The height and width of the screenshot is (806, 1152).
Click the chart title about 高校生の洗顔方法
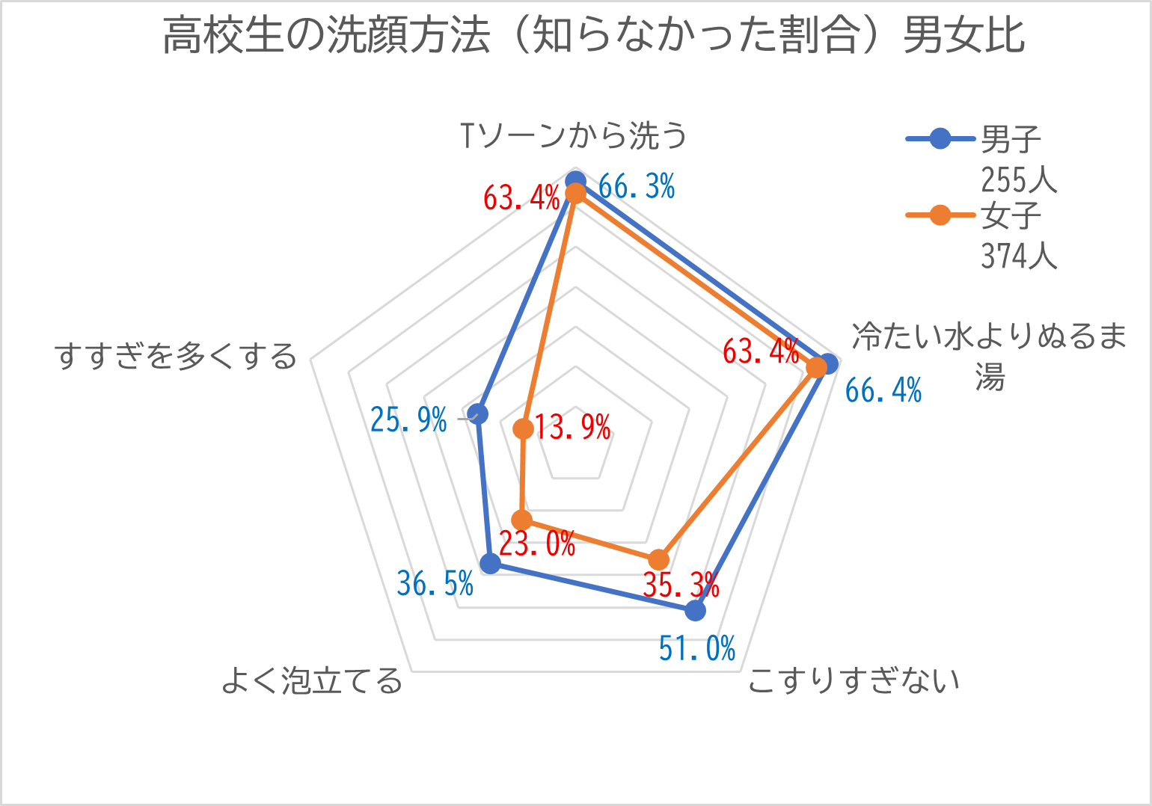pyautogui.click(x=592, y=36)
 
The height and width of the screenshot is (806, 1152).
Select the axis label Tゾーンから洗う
pyautogui.click(x=573, y=135)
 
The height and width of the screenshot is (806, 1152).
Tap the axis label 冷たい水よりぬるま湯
pyautogui.click(x=989, y=356)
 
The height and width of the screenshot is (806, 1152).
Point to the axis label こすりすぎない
pyautogui.click(x=854, y=680)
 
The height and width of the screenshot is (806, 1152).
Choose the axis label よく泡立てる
pyautogui.click(x=312, y=680)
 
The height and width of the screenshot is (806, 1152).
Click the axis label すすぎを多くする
pyautogui.click(x=177, y=356)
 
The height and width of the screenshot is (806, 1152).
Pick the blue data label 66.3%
pyautogui.click(x=637, y=186)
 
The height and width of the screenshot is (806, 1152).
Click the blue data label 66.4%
pyautogui.click(x=883, y=390)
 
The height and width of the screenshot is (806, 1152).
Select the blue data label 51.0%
pyautogui.click(x=697, y=648)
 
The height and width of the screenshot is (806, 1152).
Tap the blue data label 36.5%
pyautogui.click(x=435, y=583)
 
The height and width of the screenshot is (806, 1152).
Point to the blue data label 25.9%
pyautogui.click(x=408, y=420)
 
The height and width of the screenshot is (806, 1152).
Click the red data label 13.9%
pyautogui.click(x=573, y=428)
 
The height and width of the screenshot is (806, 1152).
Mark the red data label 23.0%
pyautogui.click(x=537, y=544)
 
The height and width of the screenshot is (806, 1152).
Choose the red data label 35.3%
pyautogui.click(x=681, y=585)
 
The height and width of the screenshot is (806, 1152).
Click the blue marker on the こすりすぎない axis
pyautogui.click(x=695, y=611)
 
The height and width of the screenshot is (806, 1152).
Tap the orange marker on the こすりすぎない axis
pyautogui.click(x=658, y=559)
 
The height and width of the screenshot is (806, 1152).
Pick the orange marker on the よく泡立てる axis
pyautogui.click(x=521, y=520)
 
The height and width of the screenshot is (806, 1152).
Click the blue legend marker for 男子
pyautogui.click(x=940, y=139)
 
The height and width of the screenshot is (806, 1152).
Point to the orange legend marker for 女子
pyautogui.click(x=940, y=215)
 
